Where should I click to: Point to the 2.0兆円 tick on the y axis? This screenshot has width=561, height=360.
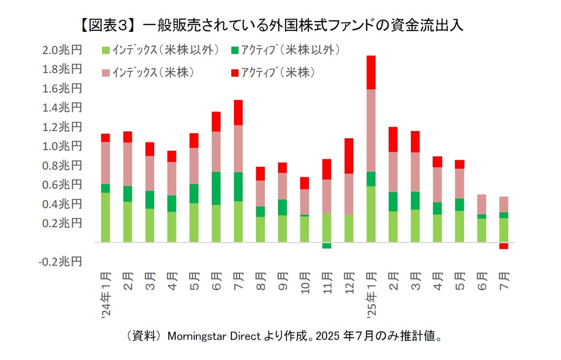click(x=63, y=50)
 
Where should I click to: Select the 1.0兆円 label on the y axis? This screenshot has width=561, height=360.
click(x=63, y=146)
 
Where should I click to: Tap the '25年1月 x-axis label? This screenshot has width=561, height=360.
click(x=371, y=295)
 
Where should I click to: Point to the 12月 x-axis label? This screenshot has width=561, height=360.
click(x=348, y=282)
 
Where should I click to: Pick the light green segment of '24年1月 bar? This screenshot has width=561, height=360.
click(x=105, y=218)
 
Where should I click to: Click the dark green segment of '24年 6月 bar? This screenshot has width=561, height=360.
click(x=215, y=188)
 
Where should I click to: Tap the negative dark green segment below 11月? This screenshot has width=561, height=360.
click(x=326, y=246)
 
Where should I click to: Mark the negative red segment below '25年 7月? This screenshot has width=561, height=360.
click(x=503, y=246)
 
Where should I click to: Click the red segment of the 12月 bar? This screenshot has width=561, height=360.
click(x=348, y=156)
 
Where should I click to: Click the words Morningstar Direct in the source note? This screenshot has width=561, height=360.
click(x=214, y=336)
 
